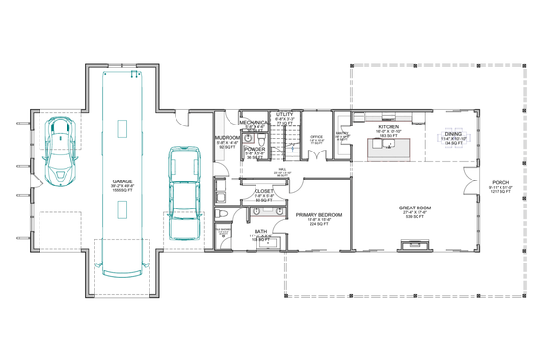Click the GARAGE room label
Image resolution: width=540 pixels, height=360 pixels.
click(x=121, y=181)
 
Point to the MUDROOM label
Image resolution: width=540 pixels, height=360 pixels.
click(x=228, y=138)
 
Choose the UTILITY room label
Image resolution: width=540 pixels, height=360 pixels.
click(x=284, y=114)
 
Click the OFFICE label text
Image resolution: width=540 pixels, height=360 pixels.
click(x=315, y=137)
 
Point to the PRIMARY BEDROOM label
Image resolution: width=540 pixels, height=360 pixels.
click(x=315, y=217)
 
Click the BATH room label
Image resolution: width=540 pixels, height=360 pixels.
click(x=260, y=231)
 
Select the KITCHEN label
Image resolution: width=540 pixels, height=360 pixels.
click(x=389, y=127)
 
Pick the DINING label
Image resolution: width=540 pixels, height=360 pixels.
click(x=452, y=135)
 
